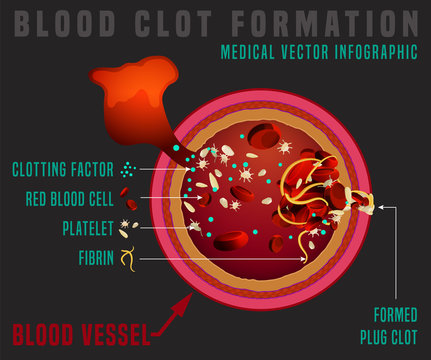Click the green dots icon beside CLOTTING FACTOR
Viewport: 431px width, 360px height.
pos(127,169)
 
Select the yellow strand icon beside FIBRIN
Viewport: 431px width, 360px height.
pos(126,258)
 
